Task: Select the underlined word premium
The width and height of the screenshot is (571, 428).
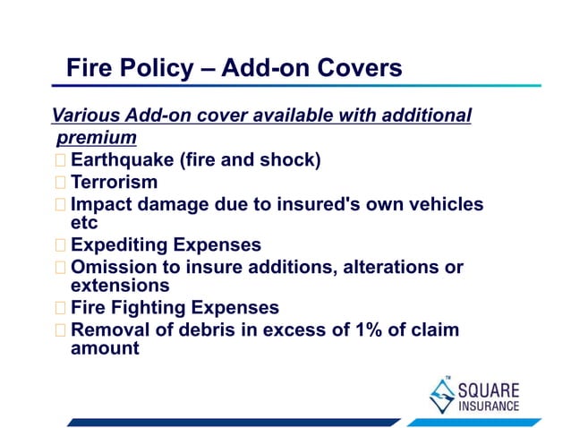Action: pos(97,138)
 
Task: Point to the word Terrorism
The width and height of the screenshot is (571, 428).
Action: pos(114,183)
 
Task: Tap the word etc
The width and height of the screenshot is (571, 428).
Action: pos(84,223)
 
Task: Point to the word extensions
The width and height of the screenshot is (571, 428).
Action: pos(120,286)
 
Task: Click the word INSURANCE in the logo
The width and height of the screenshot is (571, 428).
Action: pos(488,406)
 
